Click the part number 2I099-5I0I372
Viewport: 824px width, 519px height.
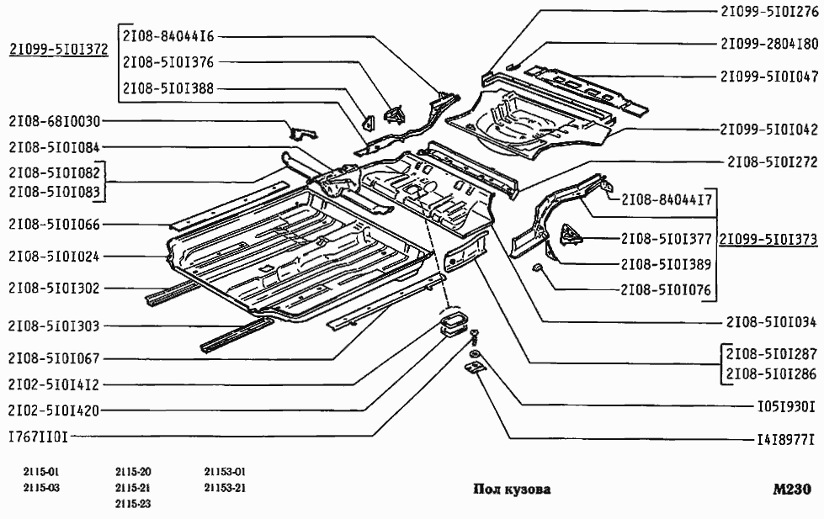58,50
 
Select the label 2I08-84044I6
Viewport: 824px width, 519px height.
167,36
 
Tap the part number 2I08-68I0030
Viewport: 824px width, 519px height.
54,120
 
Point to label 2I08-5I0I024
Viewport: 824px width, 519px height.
54,256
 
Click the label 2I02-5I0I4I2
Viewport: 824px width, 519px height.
54,384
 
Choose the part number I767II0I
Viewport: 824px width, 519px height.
38,437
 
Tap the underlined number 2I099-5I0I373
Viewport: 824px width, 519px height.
768,238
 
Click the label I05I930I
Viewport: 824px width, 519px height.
786,405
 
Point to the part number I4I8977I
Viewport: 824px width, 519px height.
786,438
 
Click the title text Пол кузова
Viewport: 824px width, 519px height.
512,490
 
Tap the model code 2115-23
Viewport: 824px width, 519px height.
133,503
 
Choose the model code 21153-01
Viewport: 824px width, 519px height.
224,472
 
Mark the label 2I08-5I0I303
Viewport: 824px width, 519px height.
54,326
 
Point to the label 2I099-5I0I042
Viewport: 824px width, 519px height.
768,130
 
